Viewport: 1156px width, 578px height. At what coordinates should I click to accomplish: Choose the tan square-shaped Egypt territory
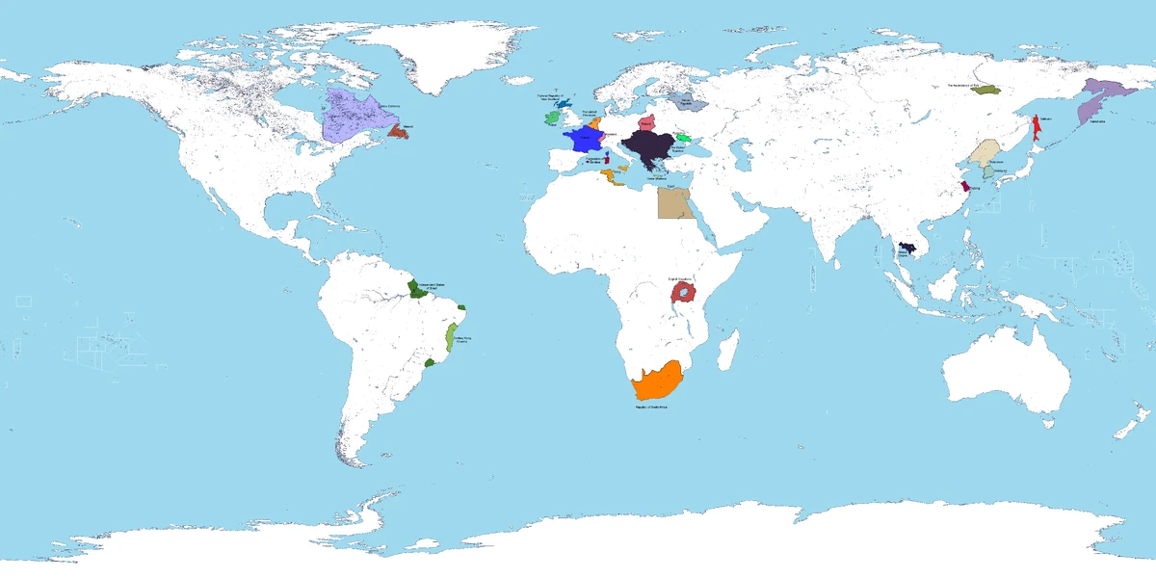(x=672, y=203)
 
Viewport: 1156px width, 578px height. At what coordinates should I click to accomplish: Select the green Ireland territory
(x=551, y=118)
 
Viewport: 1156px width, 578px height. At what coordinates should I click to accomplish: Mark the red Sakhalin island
(x=1038, y=129)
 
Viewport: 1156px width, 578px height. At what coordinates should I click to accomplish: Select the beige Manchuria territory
(x=985, y=152)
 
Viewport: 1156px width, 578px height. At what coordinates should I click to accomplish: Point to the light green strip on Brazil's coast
(x=449, y=340)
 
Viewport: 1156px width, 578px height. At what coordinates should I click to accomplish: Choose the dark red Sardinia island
(x=608, y=157)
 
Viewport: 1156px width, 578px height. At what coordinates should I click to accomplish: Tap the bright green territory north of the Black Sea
(x=683, y=139)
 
